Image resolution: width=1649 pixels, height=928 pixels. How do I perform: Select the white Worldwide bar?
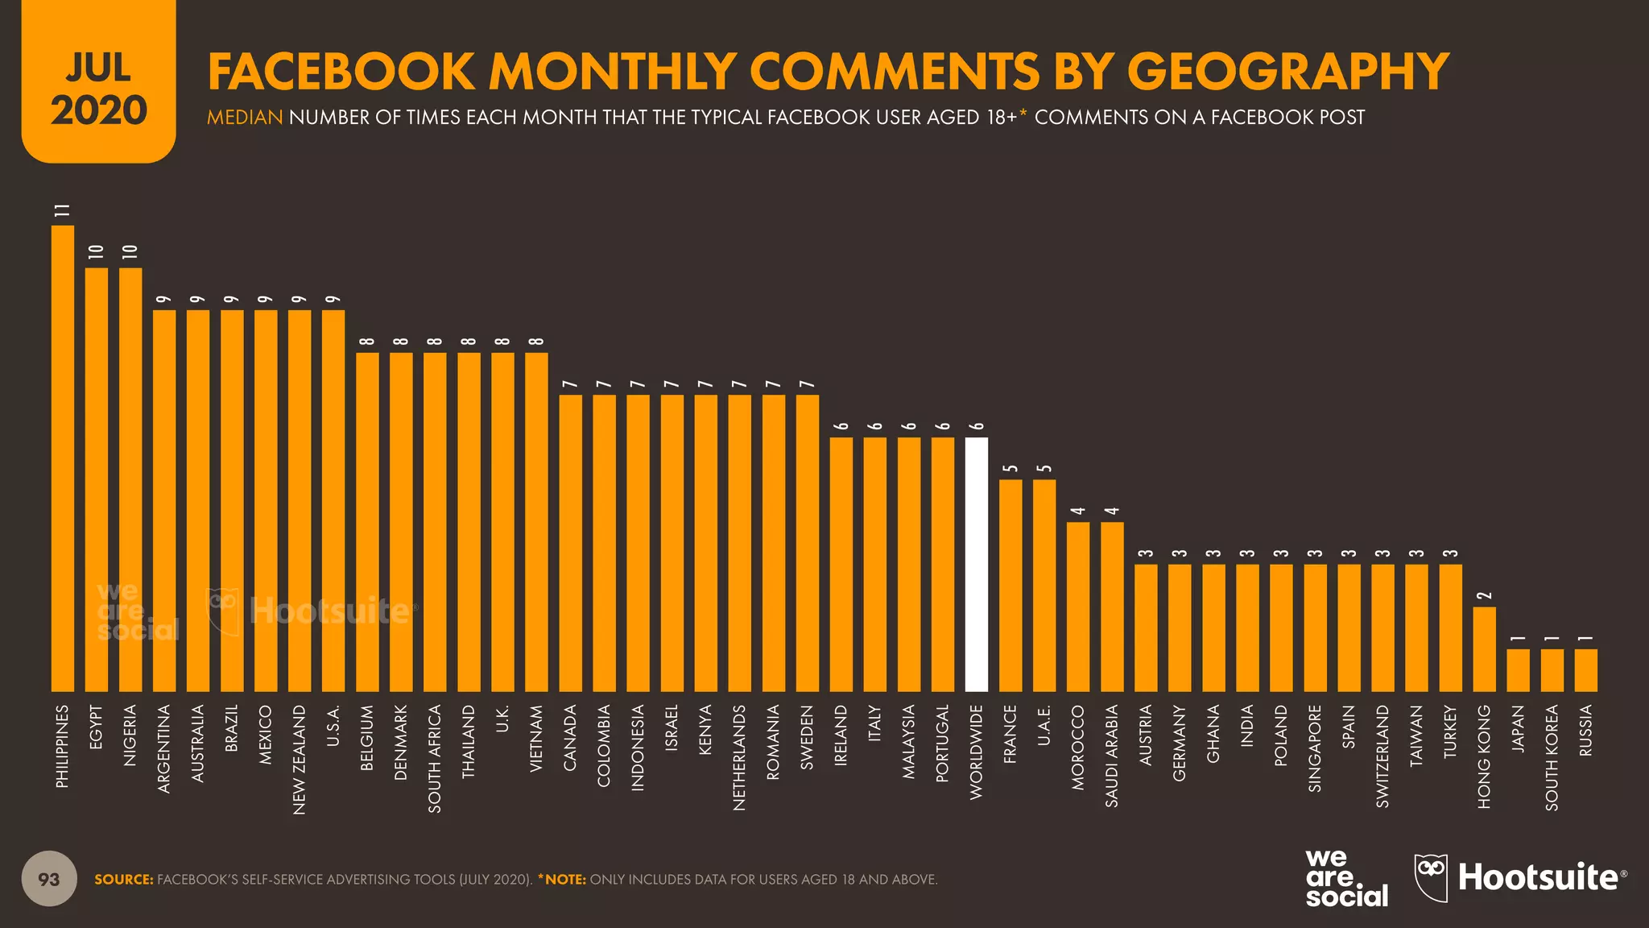(976, 564)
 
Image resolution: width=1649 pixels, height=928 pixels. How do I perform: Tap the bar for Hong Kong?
(1484, 648)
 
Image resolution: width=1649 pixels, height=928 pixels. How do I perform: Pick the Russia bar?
(1585, 669)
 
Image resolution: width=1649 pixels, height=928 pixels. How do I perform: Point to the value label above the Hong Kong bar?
(1484, 595)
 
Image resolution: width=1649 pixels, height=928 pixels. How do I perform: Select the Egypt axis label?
(97, 727)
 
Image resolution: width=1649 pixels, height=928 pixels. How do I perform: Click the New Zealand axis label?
(300, 759)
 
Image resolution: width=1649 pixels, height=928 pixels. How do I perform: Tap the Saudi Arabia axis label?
(1112, 756)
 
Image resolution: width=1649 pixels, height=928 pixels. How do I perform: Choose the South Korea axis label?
(1552, 757)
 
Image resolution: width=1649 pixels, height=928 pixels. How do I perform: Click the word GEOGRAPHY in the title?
(1288, 71)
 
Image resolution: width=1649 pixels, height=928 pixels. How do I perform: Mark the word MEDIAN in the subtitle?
(245, 118)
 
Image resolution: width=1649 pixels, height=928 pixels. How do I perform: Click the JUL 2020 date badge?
(98, 89)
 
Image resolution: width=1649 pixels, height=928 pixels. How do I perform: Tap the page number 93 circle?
(49, 879)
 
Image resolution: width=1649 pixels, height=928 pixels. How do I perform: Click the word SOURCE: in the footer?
(123, 880)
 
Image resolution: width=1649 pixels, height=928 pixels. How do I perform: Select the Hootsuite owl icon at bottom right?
(1431, 877)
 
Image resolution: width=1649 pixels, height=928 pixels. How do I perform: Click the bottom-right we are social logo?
(1346, 878)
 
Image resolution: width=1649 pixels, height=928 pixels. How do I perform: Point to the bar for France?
(1010, 585)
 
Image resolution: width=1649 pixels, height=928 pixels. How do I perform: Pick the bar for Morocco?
(1078, 606)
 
